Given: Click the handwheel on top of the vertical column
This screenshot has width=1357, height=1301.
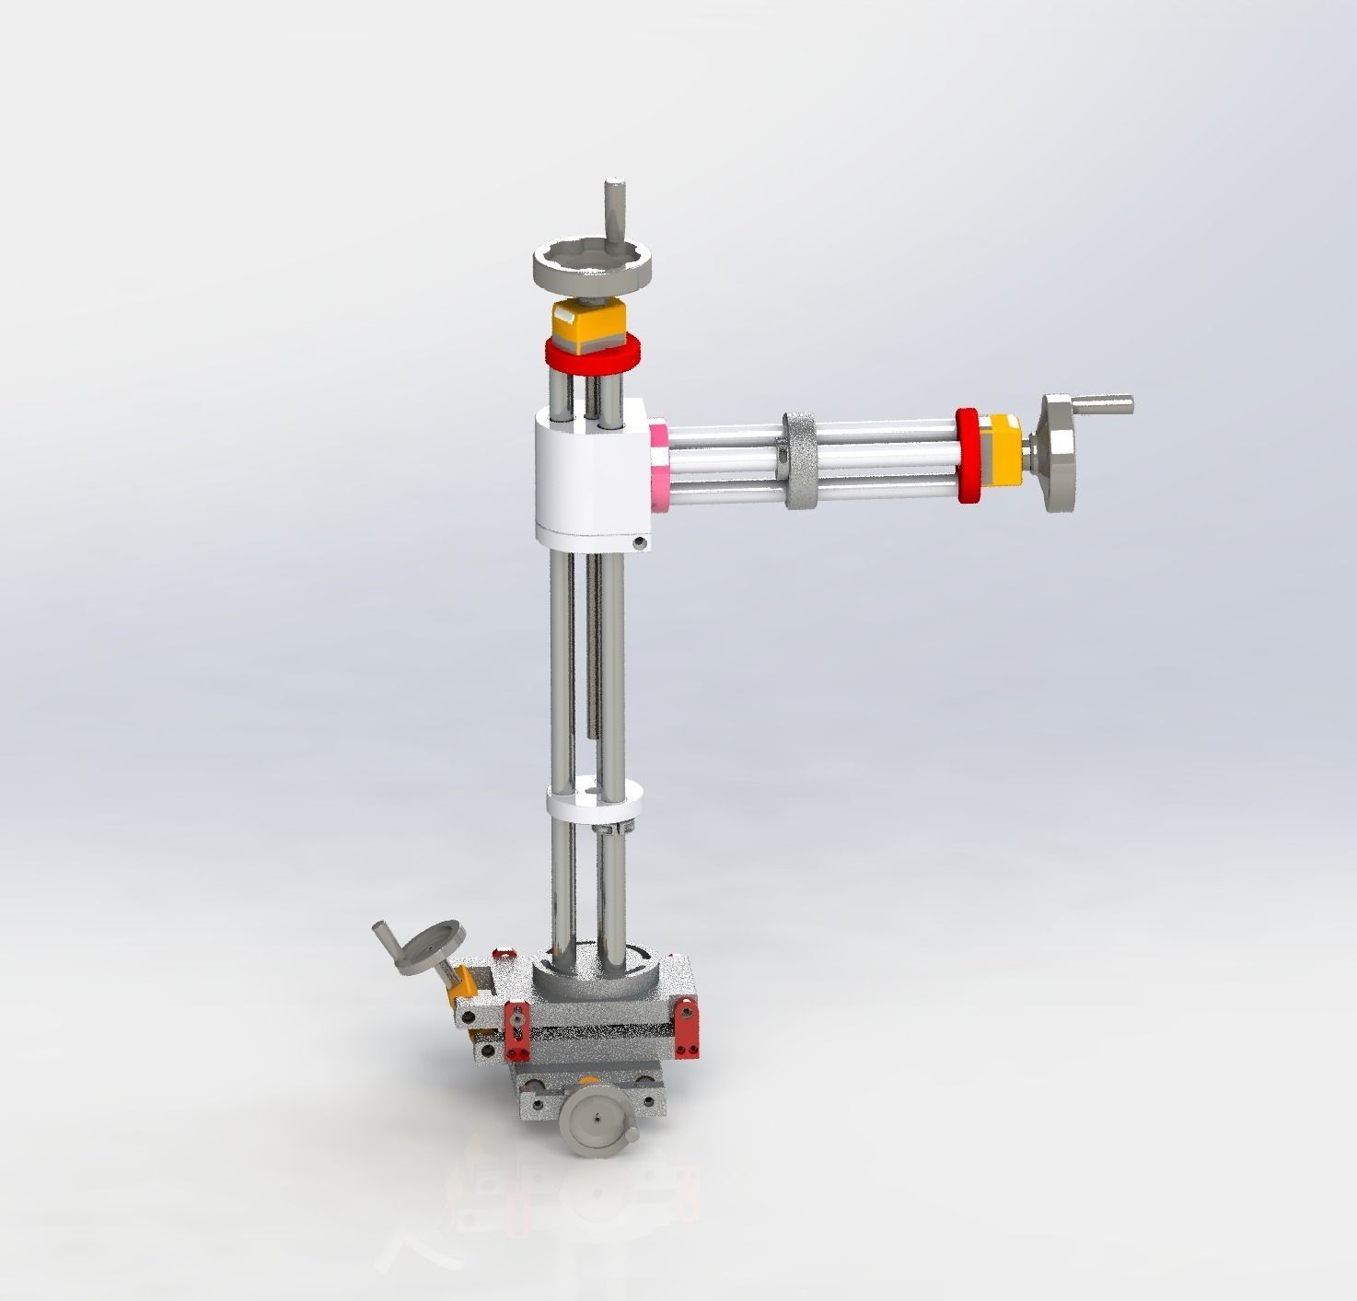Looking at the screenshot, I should (594, 267).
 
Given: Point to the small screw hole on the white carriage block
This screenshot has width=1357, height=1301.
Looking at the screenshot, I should (641, 544).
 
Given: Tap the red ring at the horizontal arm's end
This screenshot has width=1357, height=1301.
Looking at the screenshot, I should (968, 455).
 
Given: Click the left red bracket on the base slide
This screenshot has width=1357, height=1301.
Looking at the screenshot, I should (516, 1030).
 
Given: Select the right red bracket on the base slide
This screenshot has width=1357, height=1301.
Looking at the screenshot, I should (686, 1026).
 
